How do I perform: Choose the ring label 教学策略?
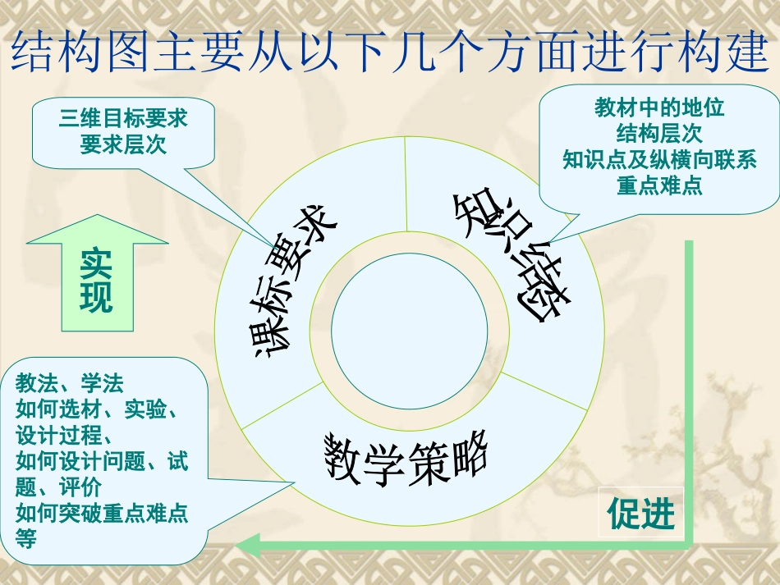click(x=406, y=455)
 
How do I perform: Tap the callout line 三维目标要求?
click(x=123, y=120)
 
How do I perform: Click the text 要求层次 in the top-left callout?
click(x=123, y=144)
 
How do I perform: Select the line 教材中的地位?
click(x=659, y=107)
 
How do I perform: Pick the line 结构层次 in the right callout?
click(x=659, y=132)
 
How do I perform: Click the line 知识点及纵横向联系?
click(x=659, y=158)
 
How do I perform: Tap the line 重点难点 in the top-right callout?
click(x=659, y=185)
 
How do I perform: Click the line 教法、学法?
click(x=69, y=383)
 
